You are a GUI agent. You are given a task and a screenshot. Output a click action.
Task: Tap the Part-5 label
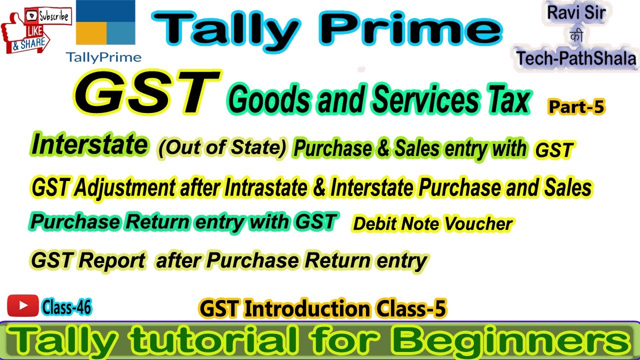[576, 107]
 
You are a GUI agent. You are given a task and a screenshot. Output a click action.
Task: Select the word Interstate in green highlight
[89, 145]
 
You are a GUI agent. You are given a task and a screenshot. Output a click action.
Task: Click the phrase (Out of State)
[222, 148]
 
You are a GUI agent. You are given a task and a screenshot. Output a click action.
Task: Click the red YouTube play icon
[22, 305]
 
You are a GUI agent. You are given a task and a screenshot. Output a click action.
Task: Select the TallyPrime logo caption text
[103, 57]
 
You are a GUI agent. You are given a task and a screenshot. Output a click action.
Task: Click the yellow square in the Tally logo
[90, 34]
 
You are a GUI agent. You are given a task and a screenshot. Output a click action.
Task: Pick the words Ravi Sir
[576, 13]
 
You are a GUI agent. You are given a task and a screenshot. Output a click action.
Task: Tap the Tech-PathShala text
[576, 58]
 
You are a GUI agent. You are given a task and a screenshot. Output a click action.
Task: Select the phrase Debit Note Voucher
[432, 224]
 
